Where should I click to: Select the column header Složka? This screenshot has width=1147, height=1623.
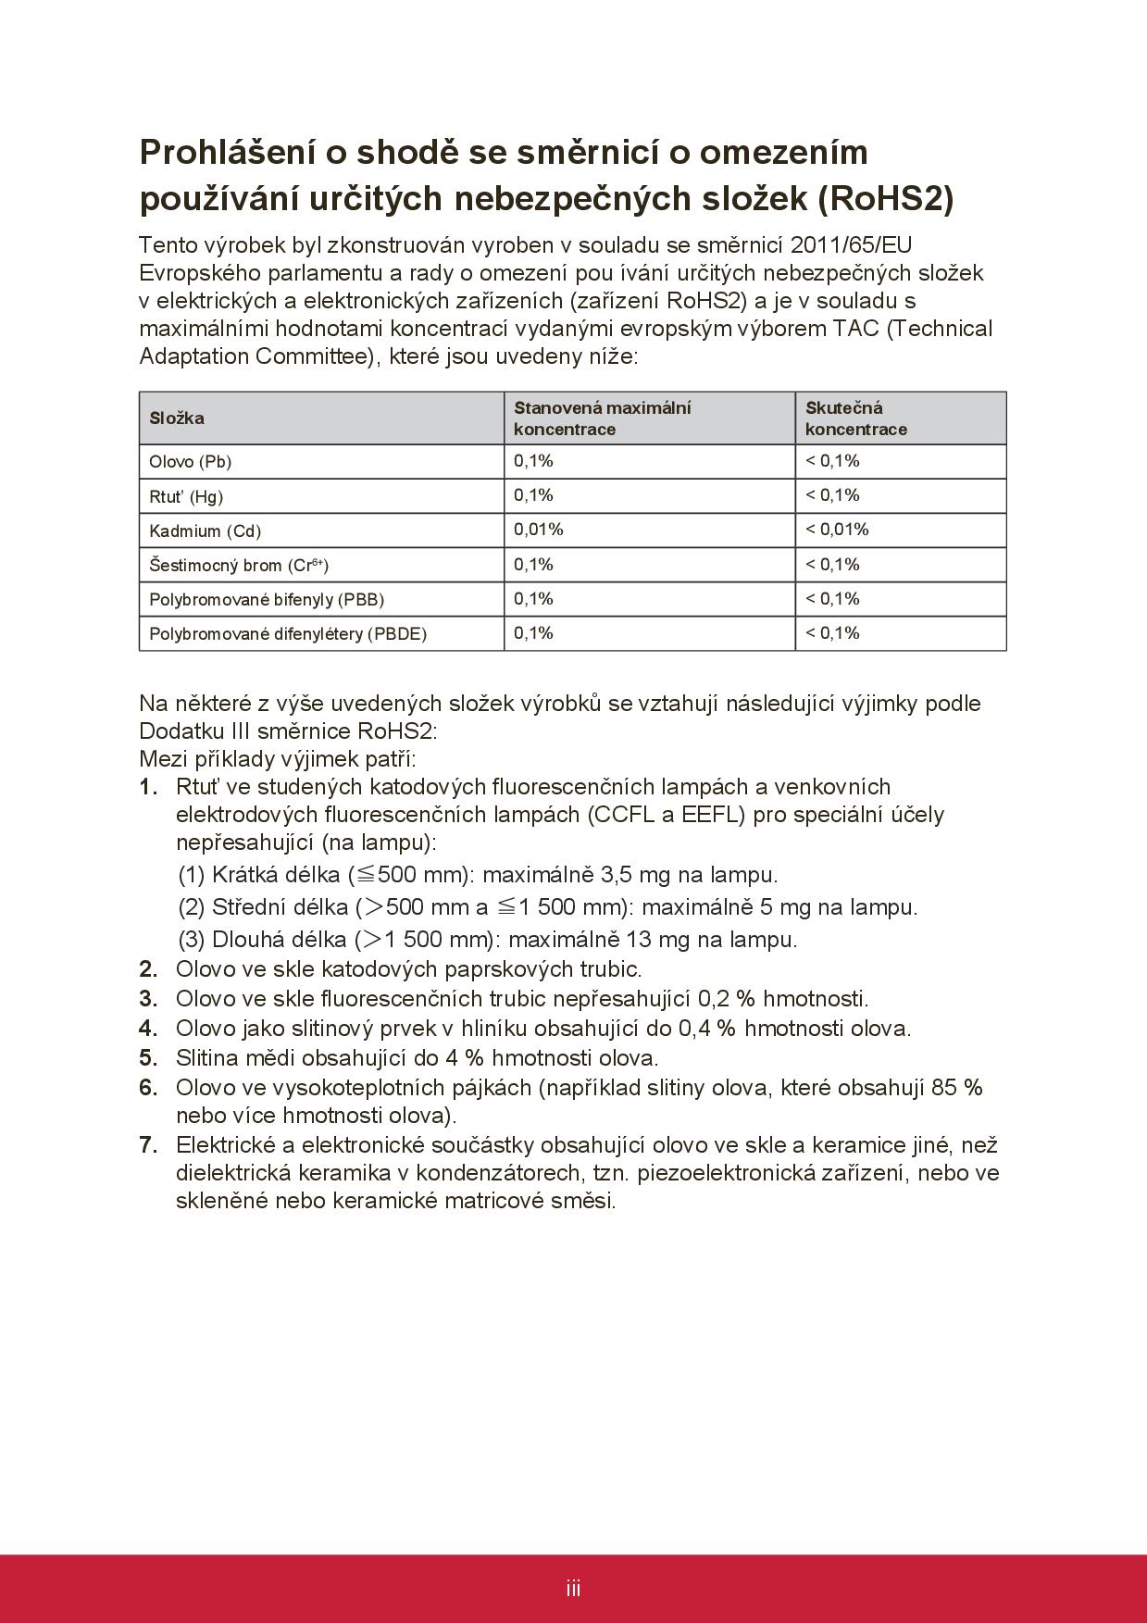tap(177, 418)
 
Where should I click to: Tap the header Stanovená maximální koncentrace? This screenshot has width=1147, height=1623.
tap(603, 418)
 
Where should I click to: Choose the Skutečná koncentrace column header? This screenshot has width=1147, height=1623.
tap(855, 418)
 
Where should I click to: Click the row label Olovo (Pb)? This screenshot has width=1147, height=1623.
tap(191, 462)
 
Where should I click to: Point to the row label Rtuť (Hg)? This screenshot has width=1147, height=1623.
tap(186, 496)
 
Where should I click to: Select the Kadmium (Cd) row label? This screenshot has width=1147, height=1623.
tap(206, 531)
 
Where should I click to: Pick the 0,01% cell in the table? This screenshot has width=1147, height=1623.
tap(539, 530)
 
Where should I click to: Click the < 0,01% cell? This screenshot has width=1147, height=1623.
tap(837, 530)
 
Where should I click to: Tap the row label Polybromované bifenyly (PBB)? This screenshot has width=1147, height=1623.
tap(267, 600)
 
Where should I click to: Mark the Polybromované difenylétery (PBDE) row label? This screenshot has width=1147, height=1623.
tap(288, 634)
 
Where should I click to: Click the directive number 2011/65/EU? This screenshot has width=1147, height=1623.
tap(852, 245)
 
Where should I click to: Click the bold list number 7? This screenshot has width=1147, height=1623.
tap(148, 1145)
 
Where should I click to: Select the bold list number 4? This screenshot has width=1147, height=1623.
tap(148, 1028)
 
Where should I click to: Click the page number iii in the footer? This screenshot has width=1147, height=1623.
tap(574, 1589)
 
